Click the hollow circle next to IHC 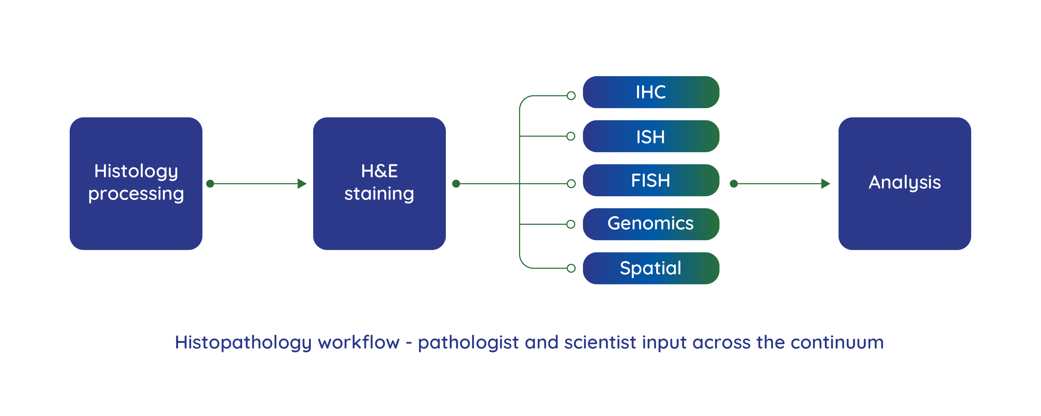[571, 96]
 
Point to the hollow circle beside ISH [571, 136]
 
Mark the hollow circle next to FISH [571, 184]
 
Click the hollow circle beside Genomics [571, 224]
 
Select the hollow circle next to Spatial [571, 268]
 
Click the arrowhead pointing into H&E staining [302, 184]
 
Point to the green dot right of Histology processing [210, 184]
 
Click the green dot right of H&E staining [456, 184]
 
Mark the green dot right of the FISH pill [734, 184]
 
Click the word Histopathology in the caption [243, 343]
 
